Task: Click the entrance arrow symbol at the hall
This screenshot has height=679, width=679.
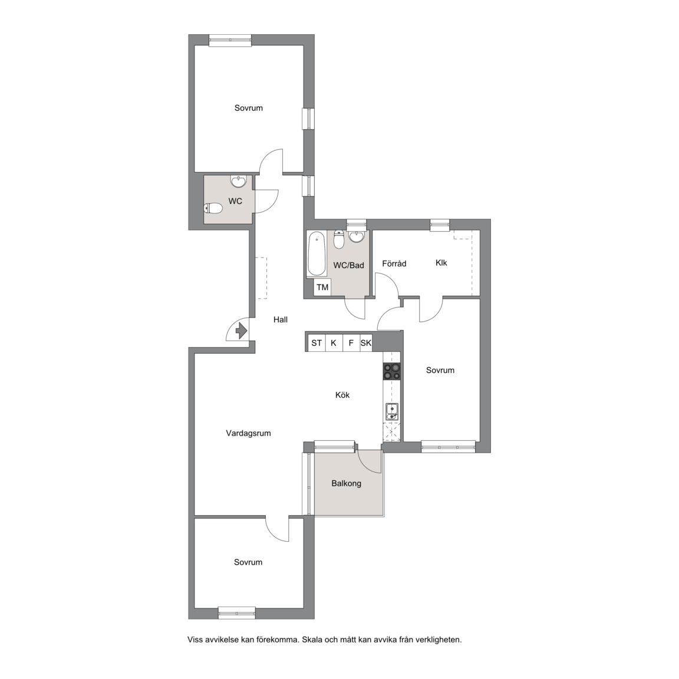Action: (x=241, y=332)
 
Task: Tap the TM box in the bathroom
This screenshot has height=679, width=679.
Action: (x=322, y=287)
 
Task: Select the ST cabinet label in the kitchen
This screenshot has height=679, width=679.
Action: (x=317, y=343)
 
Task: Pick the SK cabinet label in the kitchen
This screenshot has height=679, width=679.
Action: (x=366, y=343)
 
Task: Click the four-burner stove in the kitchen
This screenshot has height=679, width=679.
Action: (x=391, y=371)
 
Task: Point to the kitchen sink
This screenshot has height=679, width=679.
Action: (x=391, y=411)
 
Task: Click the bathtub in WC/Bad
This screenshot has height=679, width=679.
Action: (x=316, y=254)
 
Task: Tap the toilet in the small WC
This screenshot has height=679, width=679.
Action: (x=213, y=209)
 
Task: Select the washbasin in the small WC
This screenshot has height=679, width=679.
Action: (x=239, y=181)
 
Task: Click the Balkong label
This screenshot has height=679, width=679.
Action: (x=347, y=483)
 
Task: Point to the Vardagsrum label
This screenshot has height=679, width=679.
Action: (x=249, y=433)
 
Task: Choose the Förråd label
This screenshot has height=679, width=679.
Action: (x=394, y=263)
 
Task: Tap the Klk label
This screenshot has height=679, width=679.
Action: (x=441, y=263)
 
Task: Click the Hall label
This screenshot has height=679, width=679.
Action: (x=281, y=319)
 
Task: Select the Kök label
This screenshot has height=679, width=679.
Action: (x=342, y=395)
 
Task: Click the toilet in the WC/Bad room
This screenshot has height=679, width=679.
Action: (x=339, y=239)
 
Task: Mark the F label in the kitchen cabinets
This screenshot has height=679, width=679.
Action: (x=351, y=343)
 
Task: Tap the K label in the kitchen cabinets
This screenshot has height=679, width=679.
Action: (x=334, y=343)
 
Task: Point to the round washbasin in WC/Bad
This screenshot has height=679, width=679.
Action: (x=357, y=236)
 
